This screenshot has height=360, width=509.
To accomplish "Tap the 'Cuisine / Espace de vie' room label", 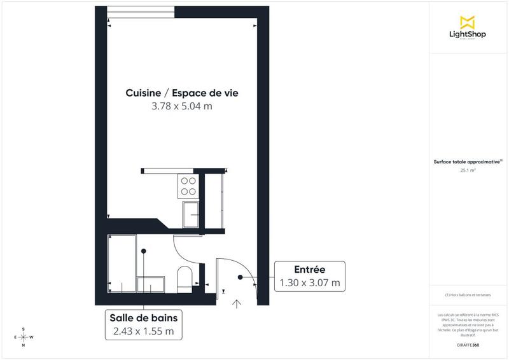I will pyautogui.click(x=181, y=93).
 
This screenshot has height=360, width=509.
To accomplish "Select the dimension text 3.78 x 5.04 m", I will pyautogui.click(x=181, y=106).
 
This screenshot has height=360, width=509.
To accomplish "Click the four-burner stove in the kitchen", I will pyautogui.click(x=188, y=185).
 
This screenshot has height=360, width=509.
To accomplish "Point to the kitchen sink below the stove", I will pyautogui.click(x=190, y=214).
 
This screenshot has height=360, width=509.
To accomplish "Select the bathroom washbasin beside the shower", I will pyautogui.click(x=151, y=284).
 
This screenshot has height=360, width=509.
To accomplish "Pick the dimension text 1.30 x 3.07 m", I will pyautogui.click(x=310, y=282).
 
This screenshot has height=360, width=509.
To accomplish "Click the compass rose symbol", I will pyautogui.click(x=24, y=337).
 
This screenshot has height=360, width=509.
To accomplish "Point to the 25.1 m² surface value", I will pyautogui.click(x=468, y=170).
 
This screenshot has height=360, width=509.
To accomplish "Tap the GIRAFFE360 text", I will pyautogui.click(x=468, y=343).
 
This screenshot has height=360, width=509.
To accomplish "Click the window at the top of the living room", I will pyautogui.click(x=140, y=11).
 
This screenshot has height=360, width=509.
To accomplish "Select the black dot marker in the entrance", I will pyautogui.click(x=241, y=278).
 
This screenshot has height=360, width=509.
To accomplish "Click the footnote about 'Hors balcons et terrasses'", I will pyautogui.click(x=468, y=295).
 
